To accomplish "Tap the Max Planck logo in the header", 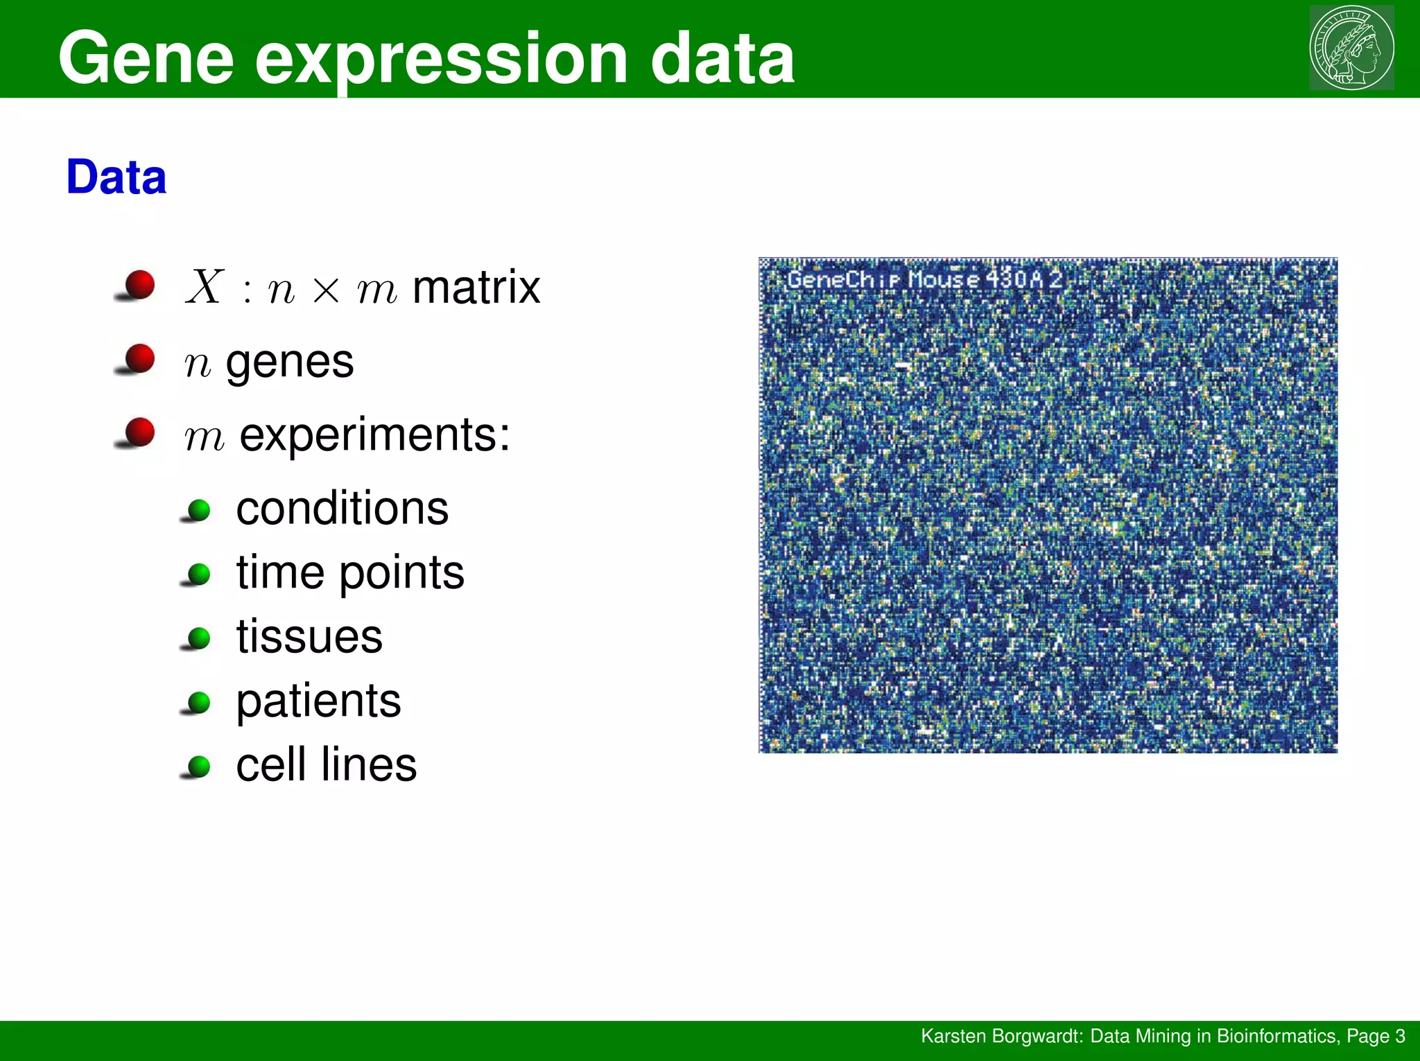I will tap(1351, 48).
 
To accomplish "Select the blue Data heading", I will tap(116, 177).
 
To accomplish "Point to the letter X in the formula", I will tap(205, 286).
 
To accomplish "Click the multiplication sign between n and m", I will tap(326, 289).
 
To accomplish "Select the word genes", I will tap(290, 362).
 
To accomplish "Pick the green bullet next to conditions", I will tap(199, 511).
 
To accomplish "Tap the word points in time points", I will tap(401, 573).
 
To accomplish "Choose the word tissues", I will tap(309, 636).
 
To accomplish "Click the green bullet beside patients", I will tap(199, 702).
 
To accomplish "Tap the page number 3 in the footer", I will tap(1400, 1036).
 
